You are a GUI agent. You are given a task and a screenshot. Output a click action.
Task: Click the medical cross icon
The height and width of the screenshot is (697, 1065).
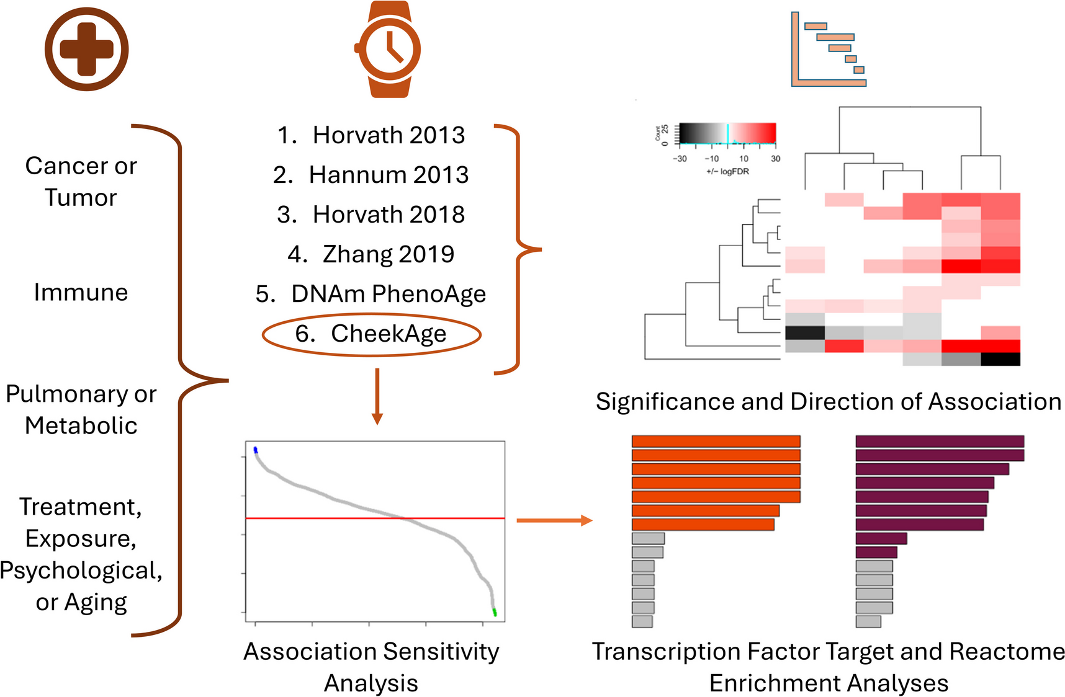[86, 49]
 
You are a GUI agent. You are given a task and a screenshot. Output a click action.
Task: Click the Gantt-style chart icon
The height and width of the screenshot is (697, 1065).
[829, 49]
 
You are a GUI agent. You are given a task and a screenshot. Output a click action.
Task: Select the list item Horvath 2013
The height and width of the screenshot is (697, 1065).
[371, 135]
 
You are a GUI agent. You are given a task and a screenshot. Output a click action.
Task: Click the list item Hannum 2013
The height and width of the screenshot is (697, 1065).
[371, 174]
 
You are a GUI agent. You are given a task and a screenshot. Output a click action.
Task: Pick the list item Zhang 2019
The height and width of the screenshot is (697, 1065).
[371, 254]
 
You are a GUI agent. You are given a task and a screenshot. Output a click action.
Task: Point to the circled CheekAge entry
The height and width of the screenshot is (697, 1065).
[371, 334]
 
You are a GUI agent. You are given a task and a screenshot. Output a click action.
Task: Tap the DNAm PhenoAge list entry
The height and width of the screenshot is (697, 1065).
[371, 293]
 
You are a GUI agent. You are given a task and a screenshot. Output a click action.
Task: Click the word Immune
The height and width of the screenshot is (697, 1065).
[81, 292]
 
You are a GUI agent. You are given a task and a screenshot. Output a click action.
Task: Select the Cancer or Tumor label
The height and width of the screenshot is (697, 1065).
[81, 181]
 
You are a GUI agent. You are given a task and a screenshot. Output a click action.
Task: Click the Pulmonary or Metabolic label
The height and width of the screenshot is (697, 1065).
[81, 409]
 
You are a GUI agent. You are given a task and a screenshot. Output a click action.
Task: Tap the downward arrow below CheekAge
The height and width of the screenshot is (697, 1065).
[377, 397]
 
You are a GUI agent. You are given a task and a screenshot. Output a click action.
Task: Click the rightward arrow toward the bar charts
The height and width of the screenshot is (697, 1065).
[554, 520]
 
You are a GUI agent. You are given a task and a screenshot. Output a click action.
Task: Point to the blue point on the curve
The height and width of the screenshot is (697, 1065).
[255, 450]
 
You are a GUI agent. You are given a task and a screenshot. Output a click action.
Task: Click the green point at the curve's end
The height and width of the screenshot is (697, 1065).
[495, 613]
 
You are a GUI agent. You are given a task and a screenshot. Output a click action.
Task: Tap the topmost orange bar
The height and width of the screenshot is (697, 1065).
[716, 442]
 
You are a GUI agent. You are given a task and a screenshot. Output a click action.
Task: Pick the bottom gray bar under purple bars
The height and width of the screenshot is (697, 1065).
[868, 621]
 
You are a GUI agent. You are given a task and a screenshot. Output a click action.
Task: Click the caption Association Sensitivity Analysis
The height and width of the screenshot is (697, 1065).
[371, 667]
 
